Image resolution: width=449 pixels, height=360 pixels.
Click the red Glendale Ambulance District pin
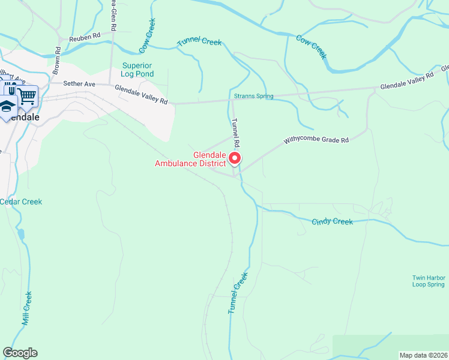click(x=235, y=158)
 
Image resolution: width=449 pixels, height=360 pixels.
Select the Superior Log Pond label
click(x=137, y=70)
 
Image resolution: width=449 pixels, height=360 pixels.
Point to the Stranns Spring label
click(x=253, y=96)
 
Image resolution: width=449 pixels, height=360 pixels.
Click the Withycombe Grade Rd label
click(x=316, y=140)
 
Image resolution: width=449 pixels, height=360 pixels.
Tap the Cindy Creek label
click(x=332, y=222)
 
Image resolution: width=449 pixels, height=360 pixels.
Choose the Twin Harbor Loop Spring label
click(x=429, y=281)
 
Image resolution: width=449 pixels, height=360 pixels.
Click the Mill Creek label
click(x=26, y=308)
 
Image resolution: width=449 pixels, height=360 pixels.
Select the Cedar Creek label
click(x=21, y=202)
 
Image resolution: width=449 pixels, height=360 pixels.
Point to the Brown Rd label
click(x=57, y=61)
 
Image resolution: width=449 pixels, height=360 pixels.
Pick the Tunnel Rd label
click(x=236, y=134)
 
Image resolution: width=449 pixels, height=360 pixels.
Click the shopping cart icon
click(x=27, y=95)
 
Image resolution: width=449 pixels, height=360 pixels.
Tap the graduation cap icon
click(x=8, y=106)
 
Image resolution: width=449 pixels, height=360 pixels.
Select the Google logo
click(x=20, y=353)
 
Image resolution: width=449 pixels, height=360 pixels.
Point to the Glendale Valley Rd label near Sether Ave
click(x=141, y=95)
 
